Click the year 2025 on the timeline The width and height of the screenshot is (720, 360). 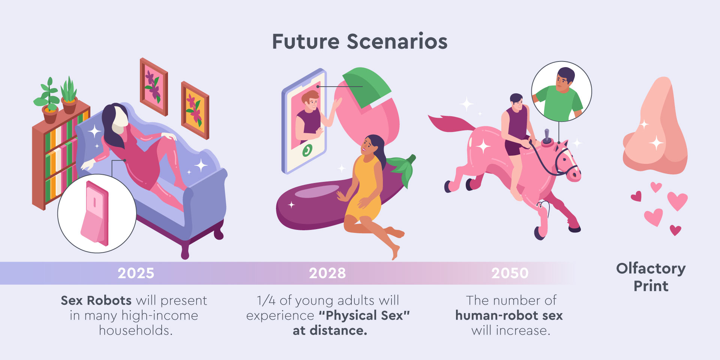tap(136, 273)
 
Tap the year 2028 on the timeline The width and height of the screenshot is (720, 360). tap(327, 273)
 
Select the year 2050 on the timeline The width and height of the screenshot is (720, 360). tap(510, 273)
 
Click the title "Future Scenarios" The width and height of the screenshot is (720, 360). tap(360, 41)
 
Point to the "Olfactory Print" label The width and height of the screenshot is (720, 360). tap(651, 277)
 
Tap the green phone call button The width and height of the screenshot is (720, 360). tap(307, 150)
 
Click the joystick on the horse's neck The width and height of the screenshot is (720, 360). tap(547, 136)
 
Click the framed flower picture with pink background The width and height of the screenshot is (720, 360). tap(154, 87)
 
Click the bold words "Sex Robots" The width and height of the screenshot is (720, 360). tap(96, 300)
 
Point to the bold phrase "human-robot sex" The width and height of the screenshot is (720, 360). tap(509, 315)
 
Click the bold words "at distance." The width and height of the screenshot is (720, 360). tap(330, 330)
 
